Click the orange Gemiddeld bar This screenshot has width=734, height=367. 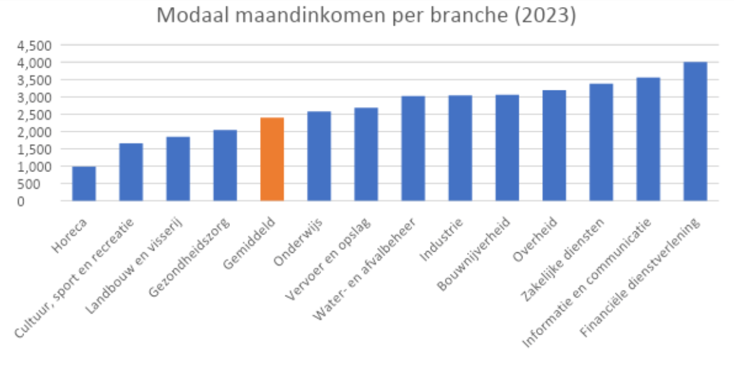[272, 159]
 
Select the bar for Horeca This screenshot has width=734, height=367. [83, 183]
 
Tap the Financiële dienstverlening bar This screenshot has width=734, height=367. [695, 131]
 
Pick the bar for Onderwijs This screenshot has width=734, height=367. [319, 156]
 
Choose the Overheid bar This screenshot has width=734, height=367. [554, 145]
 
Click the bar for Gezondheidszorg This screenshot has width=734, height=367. [225, 165]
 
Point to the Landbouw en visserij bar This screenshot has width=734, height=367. [178, 169]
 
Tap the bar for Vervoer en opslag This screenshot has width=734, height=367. [366, 154]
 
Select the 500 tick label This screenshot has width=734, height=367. [45, 184]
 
